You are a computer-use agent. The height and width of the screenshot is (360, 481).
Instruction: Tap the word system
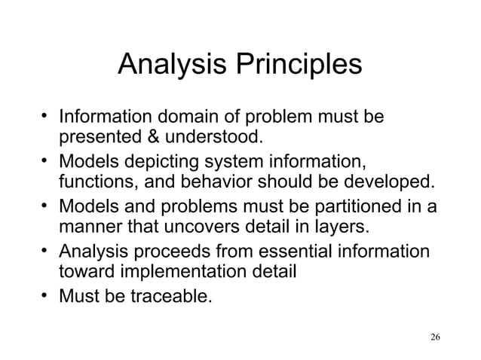point(225,162)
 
